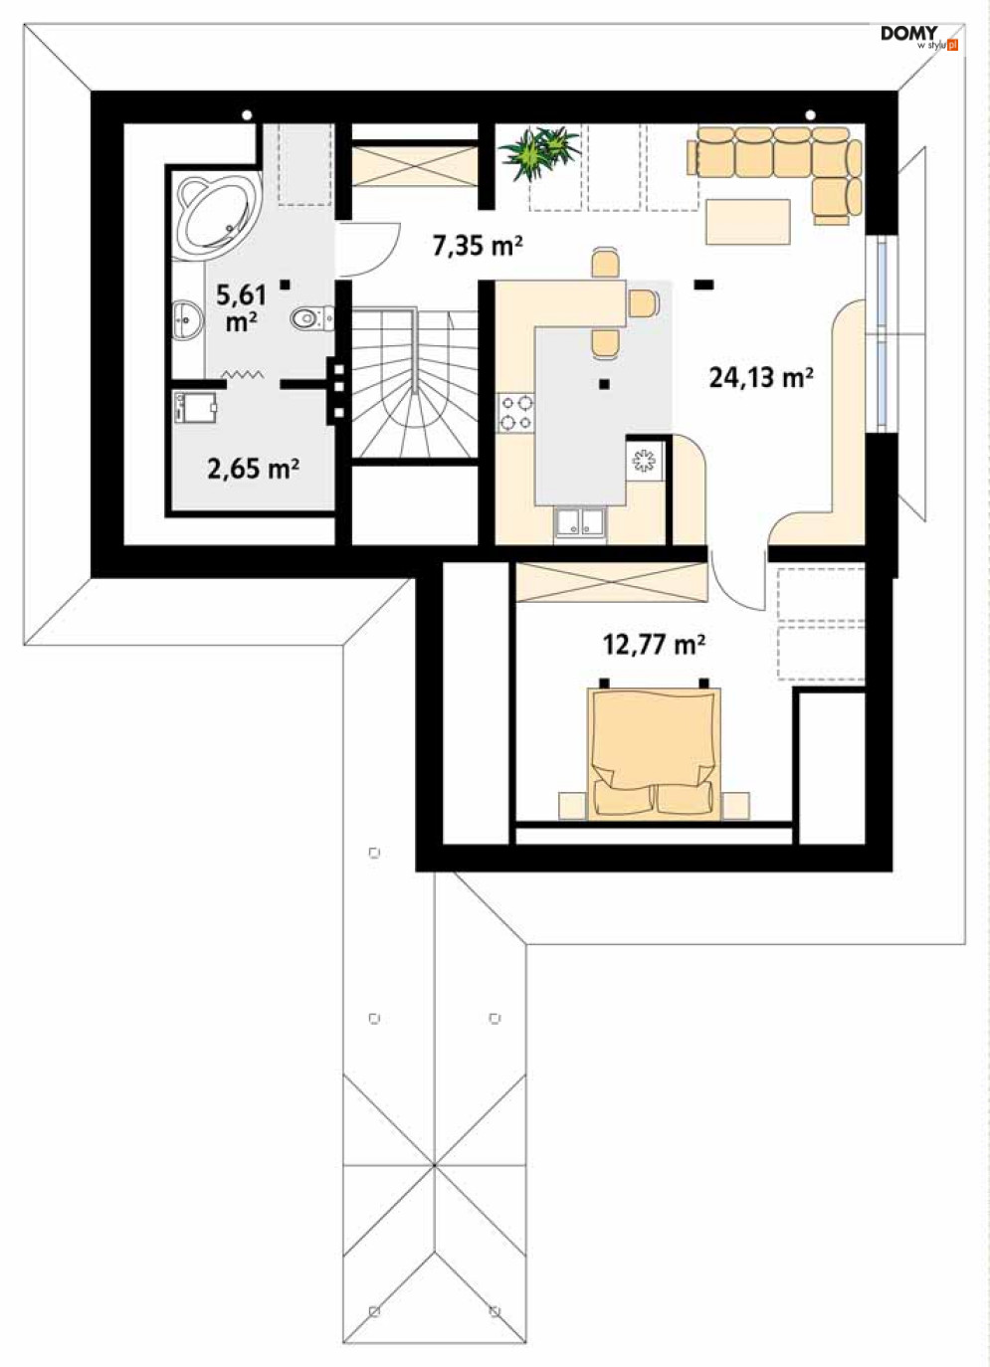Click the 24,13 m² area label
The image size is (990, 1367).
pyautogui.click(x=760, y=378)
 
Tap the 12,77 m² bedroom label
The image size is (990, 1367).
pyautogui.click(x=655, y=645)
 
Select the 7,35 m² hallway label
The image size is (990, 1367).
pyautogui.click(x=478, y=246)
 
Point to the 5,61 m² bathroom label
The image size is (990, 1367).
pyautogui.click(x=242, y=308)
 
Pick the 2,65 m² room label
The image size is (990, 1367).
pyautogui.click(x=253, y=470)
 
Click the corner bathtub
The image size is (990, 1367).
pyautogui.click(x=219, y=217)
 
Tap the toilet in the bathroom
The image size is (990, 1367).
pyautogui.click(x=311, y=318)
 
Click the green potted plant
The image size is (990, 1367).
pyautogui.click(x=539, y=152)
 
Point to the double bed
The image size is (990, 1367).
pyautogui.click(x=654, y=753)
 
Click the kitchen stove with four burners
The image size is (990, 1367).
pyautogui.click(x=515, y=413)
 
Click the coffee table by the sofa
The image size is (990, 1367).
pyautogui.click(x=747, y=222)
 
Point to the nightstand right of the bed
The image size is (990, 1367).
pyautogui.click(x=735, y=806)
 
